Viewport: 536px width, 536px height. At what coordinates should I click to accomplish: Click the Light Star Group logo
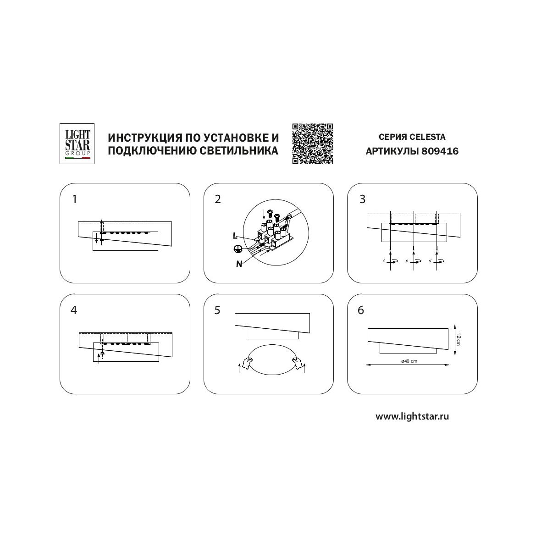tap(77, 144)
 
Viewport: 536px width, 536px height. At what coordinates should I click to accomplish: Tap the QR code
tap(312, 144)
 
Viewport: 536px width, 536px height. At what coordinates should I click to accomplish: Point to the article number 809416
tap(440, 151)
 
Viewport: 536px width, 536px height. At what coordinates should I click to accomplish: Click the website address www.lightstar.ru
tap(412, 416)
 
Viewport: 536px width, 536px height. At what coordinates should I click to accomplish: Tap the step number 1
tap(75, 199)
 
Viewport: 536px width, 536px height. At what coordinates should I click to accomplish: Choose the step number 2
tap(218, 199)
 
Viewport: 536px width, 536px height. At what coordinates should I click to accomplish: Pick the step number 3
tap(362, 199)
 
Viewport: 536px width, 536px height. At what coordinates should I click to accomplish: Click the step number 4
tap(74, 310)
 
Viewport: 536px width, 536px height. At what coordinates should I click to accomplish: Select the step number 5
tap(217, 310)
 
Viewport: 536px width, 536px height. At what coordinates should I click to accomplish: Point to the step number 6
tap(361, 310)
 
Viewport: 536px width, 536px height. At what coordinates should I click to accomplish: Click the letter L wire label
tap(235, 236)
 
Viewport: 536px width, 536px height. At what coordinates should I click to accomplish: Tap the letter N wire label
tap(239, 264)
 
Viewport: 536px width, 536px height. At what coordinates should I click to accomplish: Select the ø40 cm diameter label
tap(409, 361)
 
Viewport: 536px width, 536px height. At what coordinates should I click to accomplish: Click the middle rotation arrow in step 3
tap(414, 261)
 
